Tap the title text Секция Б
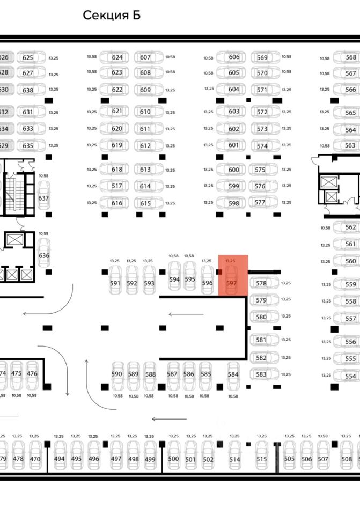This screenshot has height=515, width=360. coord(112,15)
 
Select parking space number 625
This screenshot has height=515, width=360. coord(28,57)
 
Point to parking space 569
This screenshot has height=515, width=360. coord(262,57)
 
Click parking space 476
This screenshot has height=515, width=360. coord(32,373)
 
